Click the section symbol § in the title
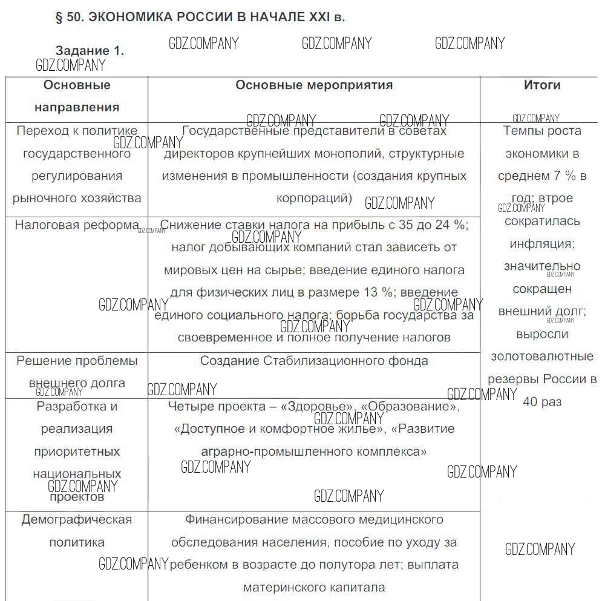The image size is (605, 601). click(59, 18)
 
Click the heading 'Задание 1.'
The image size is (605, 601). click(90, 51)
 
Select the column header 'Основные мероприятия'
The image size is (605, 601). click(314, 85)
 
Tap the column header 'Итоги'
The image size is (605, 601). click(541, 85)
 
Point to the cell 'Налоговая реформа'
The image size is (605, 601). click(77, 225)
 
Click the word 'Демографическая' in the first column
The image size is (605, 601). click(77, 519)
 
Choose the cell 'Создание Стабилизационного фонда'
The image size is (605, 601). click(314, 361)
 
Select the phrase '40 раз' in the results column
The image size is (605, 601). click(542, 402)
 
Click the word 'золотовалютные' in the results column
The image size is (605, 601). click(542, 356)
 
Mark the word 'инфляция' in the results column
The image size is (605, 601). click(541, 244)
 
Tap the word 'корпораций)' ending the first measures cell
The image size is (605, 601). click(314, 198)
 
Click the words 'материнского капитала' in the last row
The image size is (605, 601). click(314, 587)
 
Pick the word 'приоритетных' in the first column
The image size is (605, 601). click(77, 452)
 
